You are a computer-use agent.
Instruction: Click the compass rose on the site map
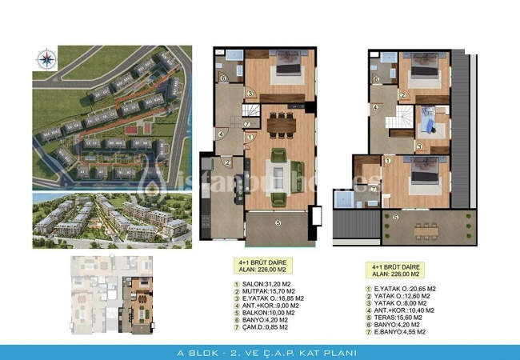(43, 57)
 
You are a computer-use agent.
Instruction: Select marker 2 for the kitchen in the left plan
(228, 164)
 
